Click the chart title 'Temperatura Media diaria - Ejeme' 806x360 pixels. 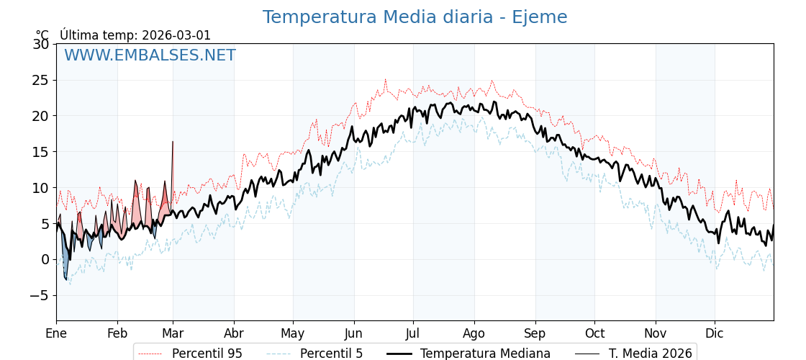pos(415,17)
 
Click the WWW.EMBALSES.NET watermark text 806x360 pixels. pos(150,55)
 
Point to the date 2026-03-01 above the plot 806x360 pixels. pos(176,35)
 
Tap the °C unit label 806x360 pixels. pos(42,35)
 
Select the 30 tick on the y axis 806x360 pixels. pos(40,44)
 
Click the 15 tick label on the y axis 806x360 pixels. pos(40,152)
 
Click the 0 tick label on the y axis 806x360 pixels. pos(45,259)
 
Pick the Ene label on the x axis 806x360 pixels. pos(56,333)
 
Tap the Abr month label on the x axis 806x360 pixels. pos(234,333)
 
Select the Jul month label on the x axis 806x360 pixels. pos(413,333)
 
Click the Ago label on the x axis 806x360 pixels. pos(474,333)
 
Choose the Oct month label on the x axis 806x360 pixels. pos(594,333)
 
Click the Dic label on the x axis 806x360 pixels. pos(715,333)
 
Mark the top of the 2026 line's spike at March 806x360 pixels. pos(173,142)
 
